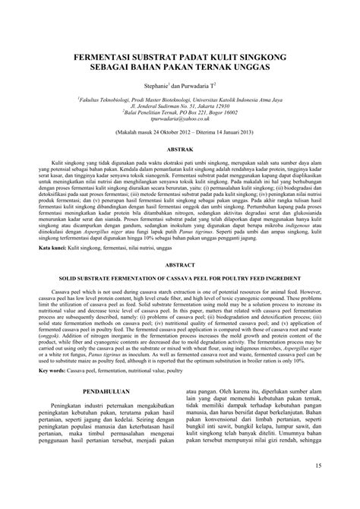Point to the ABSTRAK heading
(179, 151)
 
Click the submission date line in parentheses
(179, 131)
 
